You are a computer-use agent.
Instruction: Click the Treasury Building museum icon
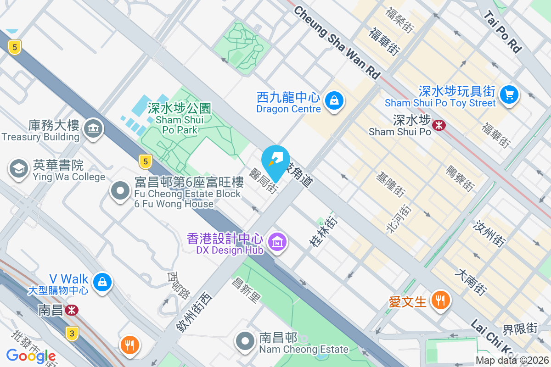coord(93,130)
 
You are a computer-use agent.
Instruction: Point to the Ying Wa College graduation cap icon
coord(19,169)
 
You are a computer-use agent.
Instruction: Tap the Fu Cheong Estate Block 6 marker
coord(121,191)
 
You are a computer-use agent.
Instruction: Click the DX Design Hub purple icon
coord(277,242)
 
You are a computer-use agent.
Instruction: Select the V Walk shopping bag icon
coord(102,282)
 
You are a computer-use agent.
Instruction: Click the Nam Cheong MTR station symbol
coord(71,311)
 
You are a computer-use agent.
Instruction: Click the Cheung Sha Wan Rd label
coord(337,42)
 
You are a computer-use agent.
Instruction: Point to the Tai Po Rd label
coord(503,32)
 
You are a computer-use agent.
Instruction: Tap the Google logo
coord(31,356)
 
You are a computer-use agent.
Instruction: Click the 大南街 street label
coord(470,282)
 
